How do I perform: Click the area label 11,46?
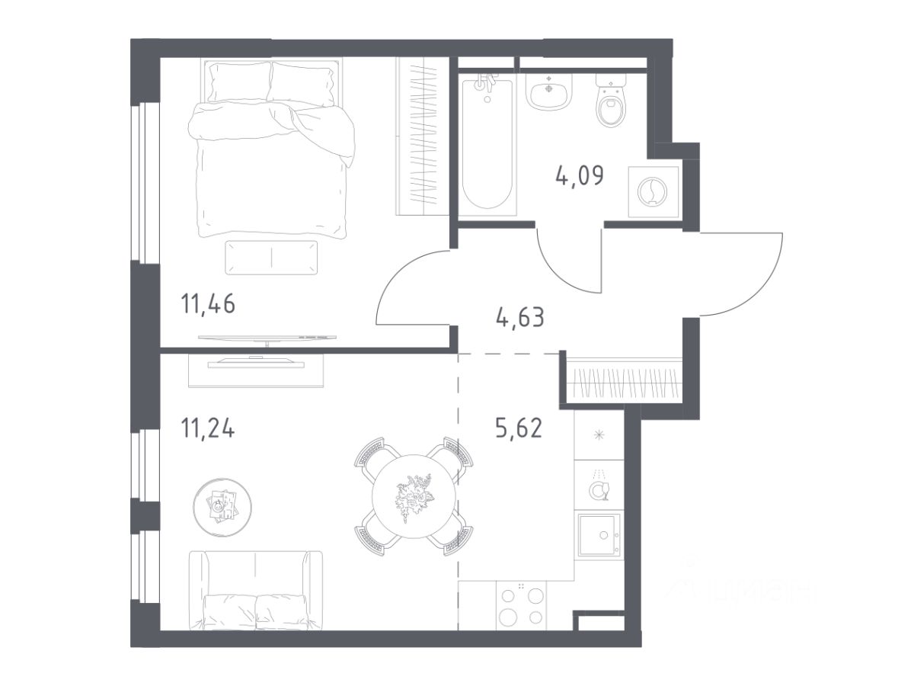tap(208, 303)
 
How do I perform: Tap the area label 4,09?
tap(579, 176)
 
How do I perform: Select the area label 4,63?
tap(520, 317)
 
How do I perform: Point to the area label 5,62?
tap(519, 428)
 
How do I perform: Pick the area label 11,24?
tap(207, 428)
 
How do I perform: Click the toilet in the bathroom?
tap(611, 101)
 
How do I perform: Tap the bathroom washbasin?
tap(549, 92)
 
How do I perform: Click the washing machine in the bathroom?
tap(653, 191)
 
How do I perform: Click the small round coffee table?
tap(222, 506)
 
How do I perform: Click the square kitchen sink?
tap(599, 535)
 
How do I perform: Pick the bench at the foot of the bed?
tap(271, 258)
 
